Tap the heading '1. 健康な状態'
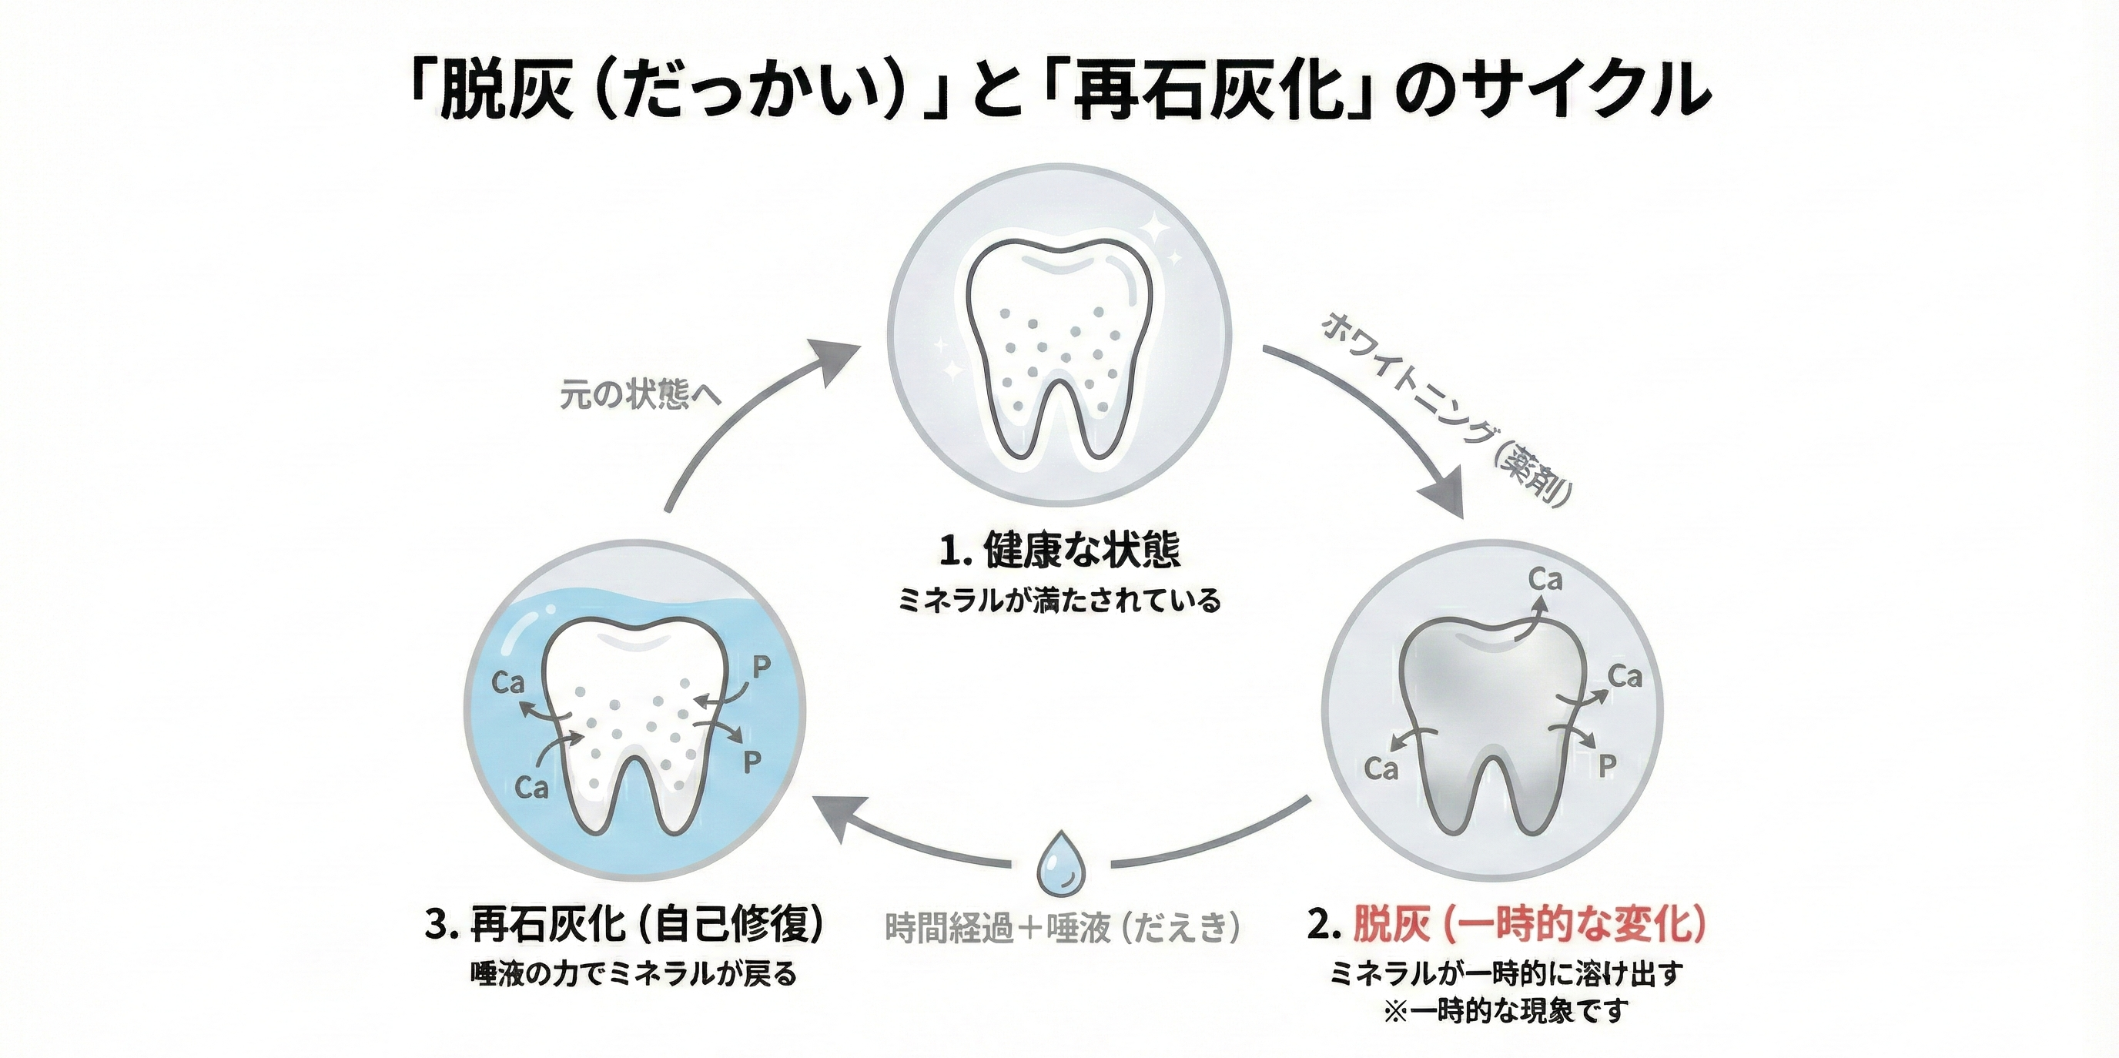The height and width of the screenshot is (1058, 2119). [1059, 551]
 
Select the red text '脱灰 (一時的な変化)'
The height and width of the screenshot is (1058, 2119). [1528, 925]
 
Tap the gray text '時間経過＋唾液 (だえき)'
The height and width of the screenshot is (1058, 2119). [1062, 928]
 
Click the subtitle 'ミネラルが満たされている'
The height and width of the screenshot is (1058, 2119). [1059, 600]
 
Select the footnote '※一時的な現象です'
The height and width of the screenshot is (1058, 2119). [1505, 1011]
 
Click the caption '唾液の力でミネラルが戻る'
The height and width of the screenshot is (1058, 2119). [634, 973]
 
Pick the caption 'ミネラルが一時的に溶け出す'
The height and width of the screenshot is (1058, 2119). [1505, 973]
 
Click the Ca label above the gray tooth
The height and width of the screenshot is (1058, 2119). [1545, 580]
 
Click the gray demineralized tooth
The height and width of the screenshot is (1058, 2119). [1493, 724]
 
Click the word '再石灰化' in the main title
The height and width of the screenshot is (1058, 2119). [1209, 91]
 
